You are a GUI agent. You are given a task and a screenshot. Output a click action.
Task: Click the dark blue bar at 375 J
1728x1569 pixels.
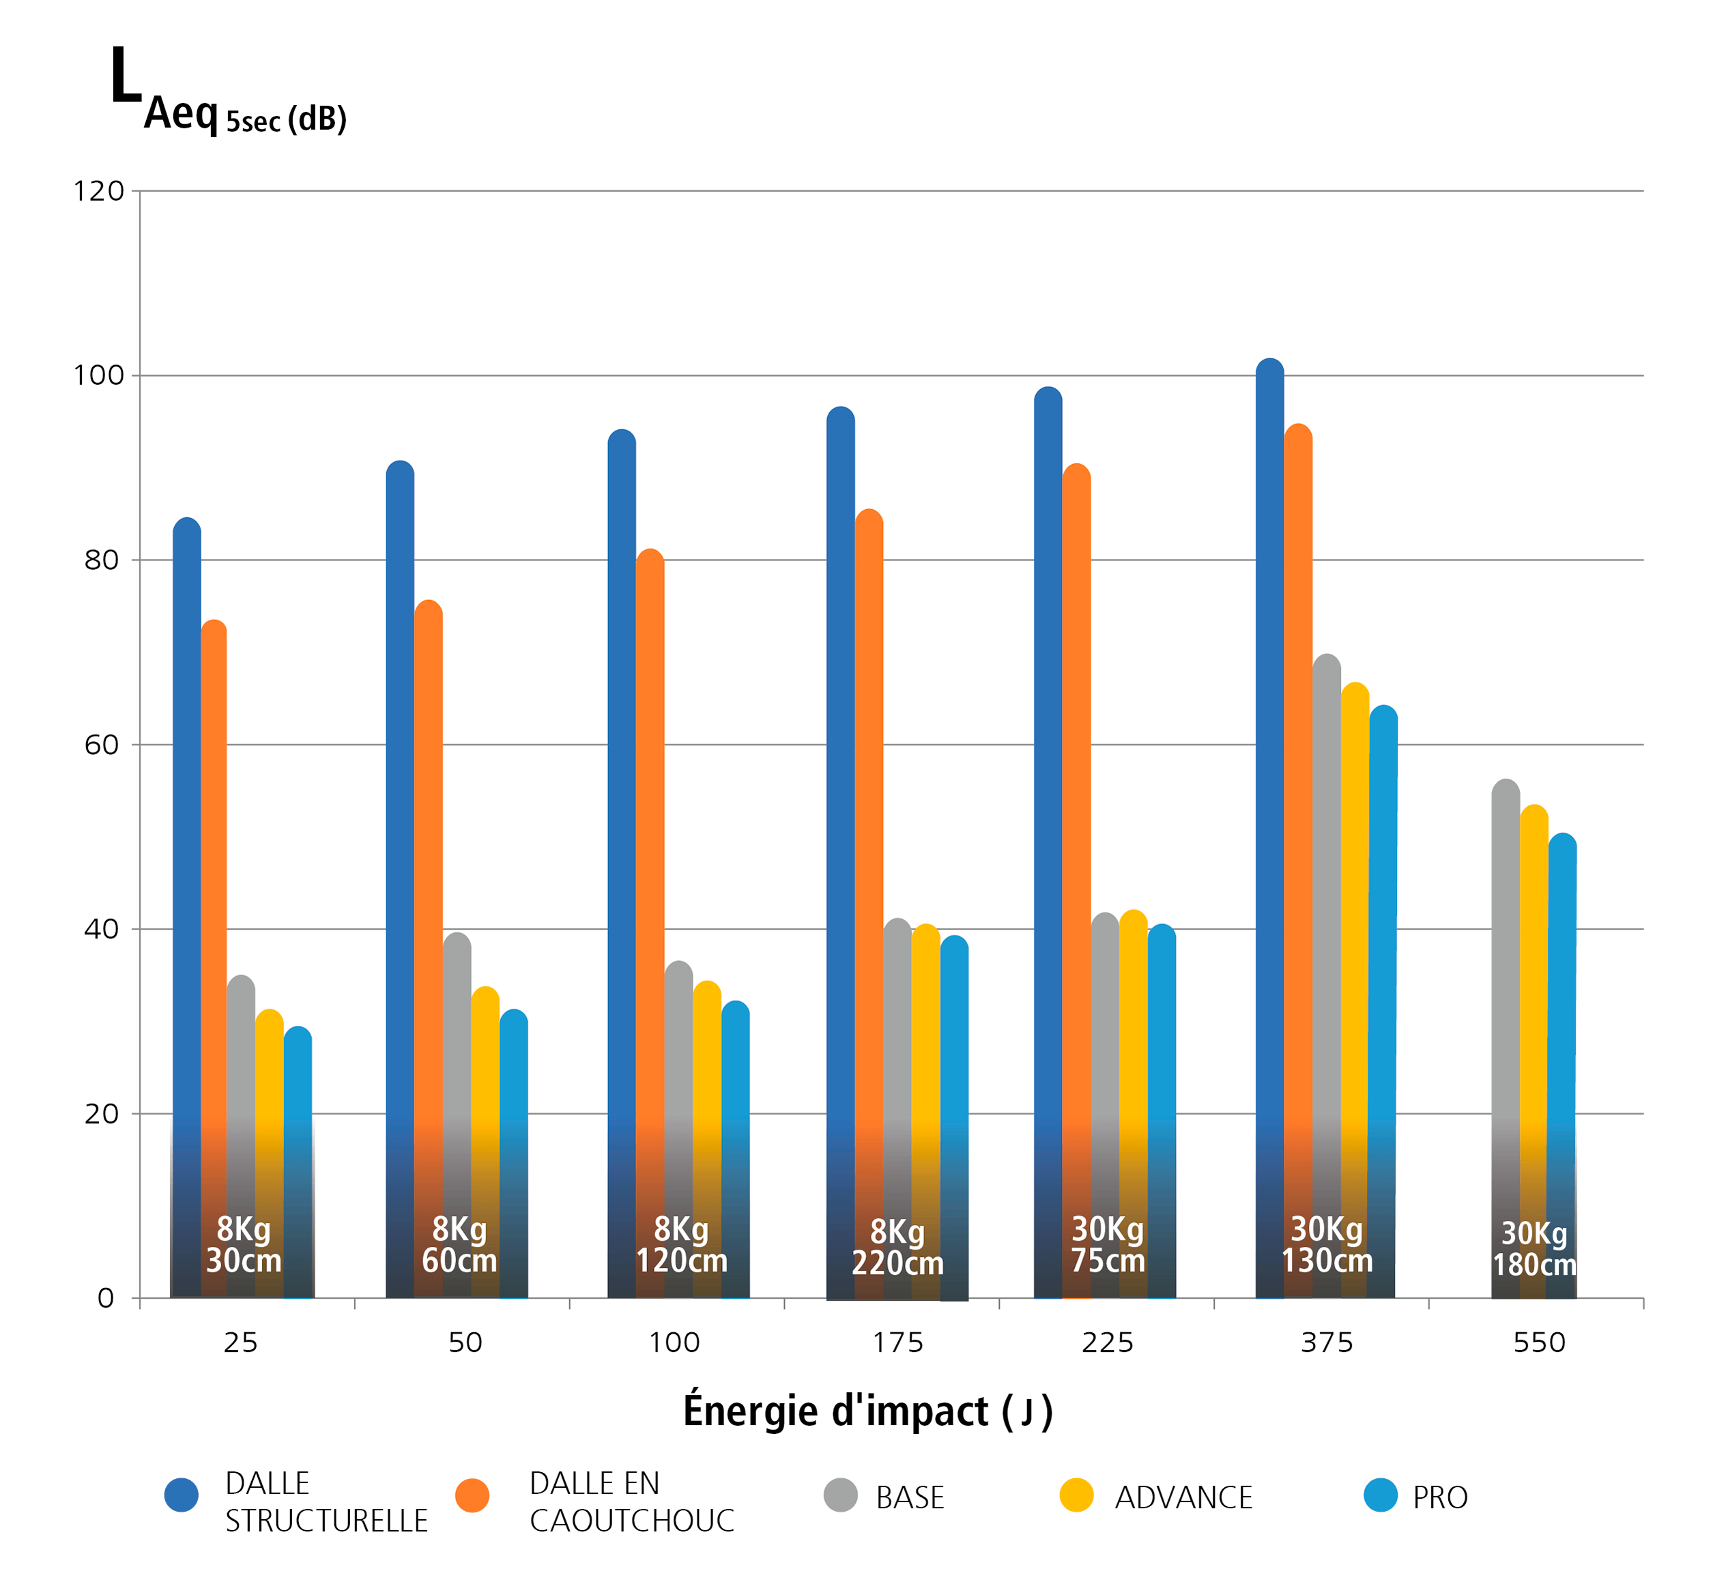(x=1269, y=827)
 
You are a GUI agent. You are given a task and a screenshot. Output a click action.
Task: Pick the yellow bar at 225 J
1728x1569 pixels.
(x=1133, y=1104)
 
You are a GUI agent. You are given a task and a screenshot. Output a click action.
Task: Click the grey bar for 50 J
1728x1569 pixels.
(x=457, y=1114)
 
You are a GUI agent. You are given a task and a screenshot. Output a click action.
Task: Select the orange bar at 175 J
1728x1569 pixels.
(x=869, y=903)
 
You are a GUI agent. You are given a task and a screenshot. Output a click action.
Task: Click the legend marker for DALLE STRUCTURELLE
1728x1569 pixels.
(x=182, y=1495)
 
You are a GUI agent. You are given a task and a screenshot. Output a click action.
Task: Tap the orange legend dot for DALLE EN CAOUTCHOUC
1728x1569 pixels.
(x=472, y=1495)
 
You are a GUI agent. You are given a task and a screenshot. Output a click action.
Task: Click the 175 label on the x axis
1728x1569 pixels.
(x=897, y=1342)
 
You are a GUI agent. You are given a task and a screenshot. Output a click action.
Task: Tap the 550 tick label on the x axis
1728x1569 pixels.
(x=1540, y=1342)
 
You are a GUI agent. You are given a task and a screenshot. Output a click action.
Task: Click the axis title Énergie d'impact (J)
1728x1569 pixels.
(x=867, y=1412)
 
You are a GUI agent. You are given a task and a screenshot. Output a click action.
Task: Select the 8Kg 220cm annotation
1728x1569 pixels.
(x=897, y=1248)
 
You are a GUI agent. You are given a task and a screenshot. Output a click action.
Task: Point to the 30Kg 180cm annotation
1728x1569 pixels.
(x=1534, y=1248)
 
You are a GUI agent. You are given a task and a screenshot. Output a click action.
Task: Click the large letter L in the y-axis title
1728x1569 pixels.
(x=126, y=76)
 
